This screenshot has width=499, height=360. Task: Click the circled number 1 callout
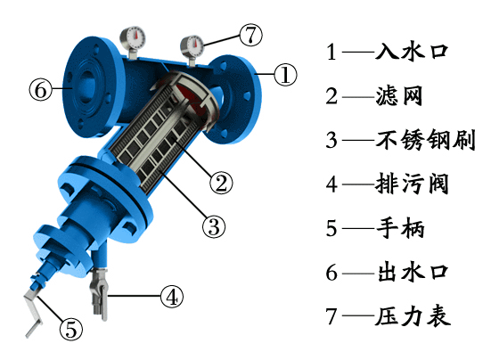click(x=285, y=75)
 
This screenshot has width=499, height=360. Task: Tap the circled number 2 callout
click(x=221, y=183)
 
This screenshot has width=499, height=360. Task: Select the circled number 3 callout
click(x=214, y=226)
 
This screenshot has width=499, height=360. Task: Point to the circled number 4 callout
click(x=172, y=297)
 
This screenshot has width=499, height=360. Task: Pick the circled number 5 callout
click(x=71, y=329)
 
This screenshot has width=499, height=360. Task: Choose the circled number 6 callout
click(x=41, y=89)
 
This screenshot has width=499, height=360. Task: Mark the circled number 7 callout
click(x=250, y=35)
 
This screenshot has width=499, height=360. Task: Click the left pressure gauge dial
click(x=133, y=38)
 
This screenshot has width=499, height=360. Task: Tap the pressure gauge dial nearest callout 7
click(x=192, y=46)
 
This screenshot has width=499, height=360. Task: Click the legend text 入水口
click(x=412, y=52)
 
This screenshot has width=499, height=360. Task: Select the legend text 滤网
click(x=399, y=95)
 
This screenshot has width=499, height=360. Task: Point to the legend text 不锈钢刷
click(x=425, y=140)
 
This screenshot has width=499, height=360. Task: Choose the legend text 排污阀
click(x=412, y=184)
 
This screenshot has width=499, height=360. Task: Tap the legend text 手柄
click(x=400, y=228)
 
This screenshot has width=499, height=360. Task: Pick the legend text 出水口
click(x=413, y=273)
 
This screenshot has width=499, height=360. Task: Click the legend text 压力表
click(x=413, y=316)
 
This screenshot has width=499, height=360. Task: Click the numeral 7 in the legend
click(x=331, y=316)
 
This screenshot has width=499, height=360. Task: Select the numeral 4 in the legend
click(x=331, y=184)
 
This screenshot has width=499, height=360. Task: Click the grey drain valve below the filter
click(x=100, y=294)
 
